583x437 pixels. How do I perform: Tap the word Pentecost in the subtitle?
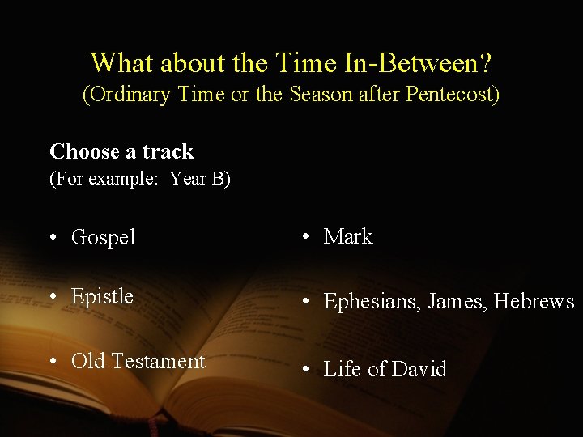click(450, 94)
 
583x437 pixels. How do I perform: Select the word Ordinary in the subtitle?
click(127, 94)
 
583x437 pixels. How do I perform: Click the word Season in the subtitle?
click(321, 94)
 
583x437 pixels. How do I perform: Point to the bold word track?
click(168, 151)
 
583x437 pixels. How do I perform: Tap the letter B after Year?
click(219, 178)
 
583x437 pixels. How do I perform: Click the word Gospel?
click(103, 238)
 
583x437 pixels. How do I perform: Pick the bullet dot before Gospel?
click(51, 238)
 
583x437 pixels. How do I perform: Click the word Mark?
click(347, 236)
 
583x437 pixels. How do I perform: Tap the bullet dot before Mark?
click(304, 237)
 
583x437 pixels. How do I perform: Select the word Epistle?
click(102, 297)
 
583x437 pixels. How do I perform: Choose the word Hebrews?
click(534, 302)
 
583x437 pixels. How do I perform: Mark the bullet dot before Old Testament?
click(51, 362)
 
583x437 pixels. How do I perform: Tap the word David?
click(419, 369)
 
